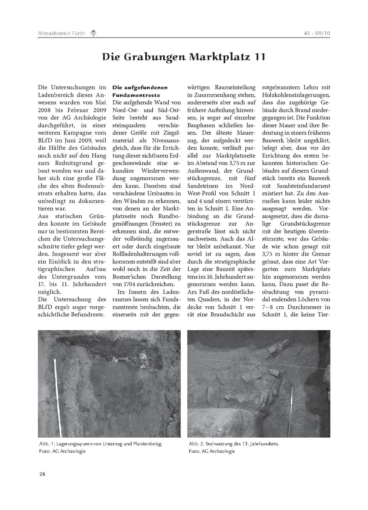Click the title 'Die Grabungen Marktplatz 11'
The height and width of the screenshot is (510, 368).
point(184,57)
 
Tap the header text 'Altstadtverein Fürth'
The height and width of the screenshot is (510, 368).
point(61,33)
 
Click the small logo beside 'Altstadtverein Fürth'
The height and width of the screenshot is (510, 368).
point(93,33)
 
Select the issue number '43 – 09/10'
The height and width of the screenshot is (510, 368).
point(317,33)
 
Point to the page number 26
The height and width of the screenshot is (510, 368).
point(42,474)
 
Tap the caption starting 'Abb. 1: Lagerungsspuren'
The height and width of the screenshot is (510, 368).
point(101,444)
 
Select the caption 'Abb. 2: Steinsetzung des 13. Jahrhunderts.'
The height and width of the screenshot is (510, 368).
point(234,444)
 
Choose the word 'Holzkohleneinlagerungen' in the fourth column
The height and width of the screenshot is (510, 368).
point(296,95)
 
